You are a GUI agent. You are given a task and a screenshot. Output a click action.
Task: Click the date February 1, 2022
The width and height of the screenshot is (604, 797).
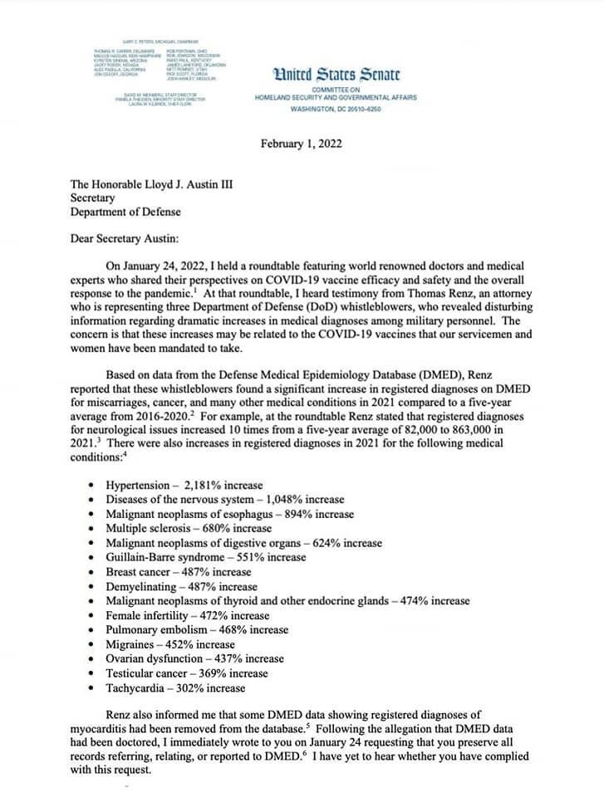(x=302, y=144)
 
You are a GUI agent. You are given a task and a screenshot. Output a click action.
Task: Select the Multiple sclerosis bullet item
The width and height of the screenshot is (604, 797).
(x=189, y=528)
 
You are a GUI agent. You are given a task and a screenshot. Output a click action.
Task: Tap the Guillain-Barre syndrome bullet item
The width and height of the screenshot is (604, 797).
(x=206, y=557)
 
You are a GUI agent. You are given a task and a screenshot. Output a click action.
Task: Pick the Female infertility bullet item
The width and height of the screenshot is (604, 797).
(x=188, y=616)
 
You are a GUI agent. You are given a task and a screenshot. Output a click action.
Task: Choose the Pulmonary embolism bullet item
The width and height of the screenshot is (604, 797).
(x=197, y=630)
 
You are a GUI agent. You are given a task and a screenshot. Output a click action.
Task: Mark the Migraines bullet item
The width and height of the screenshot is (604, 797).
(x=170, y=644)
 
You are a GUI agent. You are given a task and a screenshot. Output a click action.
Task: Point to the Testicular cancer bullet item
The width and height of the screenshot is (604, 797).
(x=187, y=673)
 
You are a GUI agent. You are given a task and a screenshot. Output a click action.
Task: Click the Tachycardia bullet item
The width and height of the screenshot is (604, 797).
(x=175, y=688)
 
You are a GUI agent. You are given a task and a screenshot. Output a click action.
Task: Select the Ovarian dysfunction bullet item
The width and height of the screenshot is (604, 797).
(x=194, y=659)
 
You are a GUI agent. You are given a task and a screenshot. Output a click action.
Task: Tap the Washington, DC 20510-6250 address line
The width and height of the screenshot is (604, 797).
(x=335, y=109)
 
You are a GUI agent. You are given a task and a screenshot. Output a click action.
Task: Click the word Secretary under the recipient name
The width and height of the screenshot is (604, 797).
(x=93, y=198)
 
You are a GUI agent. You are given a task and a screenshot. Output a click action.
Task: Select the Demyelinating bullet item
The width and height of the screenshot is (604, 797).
(x=178, y=586)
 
